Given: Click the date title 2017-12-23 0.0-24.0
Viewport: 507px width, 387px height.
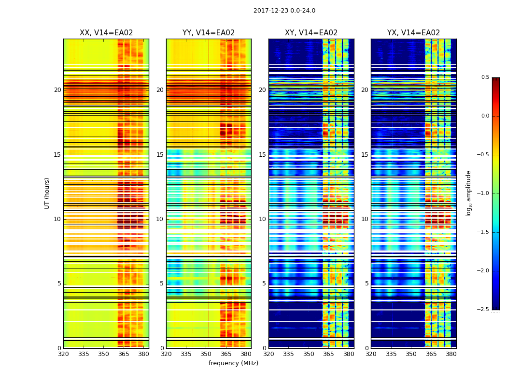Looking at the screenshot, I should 284,11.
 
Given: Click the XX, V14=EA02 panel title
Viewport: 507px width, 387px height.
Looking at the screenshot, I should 106,33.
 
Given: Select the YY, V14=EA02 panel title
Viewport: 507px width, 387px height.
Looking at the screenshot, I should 209,33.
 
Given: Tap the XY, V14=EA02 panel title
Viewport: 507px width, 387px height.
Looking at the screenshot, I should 311,33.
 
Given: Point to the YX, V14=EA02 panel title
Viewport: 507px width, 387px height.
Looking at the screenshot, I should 413,33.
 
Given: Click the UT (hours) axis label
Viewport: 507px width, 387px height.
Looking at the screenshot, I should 47,193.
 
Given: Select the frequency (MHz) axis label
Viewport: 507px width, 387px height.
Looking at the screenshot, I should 233,363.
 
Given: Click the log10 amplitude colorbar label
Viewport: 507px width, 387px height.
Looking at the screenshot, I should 468,193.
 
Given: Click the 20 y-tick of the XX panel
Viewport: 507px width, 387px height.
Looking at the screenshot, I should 57,90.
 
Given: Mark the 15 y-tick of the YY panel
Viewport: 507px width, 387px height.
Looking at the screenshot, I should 160,155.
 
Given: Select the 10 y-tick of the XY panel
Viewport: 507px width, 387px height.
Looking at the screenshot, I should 263,219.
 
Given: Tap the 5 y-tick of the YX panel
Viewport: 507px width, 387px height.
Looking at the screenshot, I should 367,283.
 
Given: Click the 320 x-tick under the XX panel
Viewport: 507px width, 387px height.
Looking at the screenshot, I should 63,354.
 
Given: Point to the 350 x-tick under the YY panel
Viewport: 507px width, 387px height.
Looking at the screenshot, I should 206,354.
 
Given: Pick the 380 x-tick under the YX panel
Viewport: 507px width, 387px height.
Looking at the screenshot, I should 451,354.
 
